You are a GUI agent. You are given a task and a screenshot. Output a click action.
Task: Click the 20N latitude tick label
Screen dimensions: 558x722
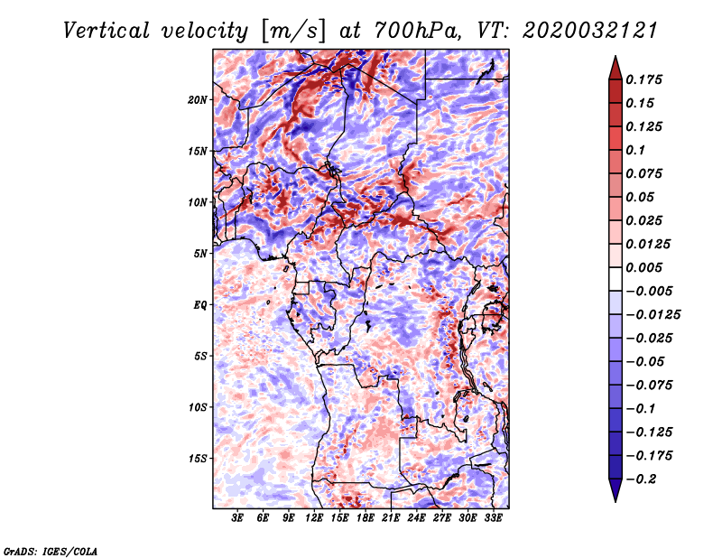tap(198, 99)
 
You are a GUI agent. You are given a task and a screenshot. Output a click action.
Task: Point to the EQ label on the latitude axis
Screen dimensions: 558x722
tap(200, 305)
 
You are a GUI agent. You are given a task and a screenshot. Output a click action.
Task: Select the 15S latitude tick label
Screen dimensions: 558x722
tap(198, 459)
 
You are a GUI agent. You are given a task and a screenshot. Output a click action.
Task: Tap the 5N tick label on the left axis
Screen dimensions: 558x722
tap(200, 254)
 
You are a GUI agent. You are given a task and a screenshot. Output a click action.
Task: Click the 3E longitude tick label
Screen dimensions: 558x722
tap(238, 518)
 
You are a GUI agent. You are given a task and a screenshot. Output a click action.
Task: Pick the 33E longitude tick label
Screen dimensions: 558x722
tap(493, 518)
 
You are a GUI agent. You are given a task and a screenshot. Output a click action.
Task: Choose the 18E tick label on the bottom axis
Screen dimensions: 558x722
tap(366, 518)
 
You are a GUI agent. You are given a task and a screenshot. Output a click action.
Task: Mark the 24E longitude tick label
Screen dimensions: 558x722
tap(416, 518)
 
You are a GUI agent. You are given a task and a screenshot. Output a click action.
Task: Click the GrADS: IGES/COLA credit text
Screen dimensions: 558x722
tap(51, 550)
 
